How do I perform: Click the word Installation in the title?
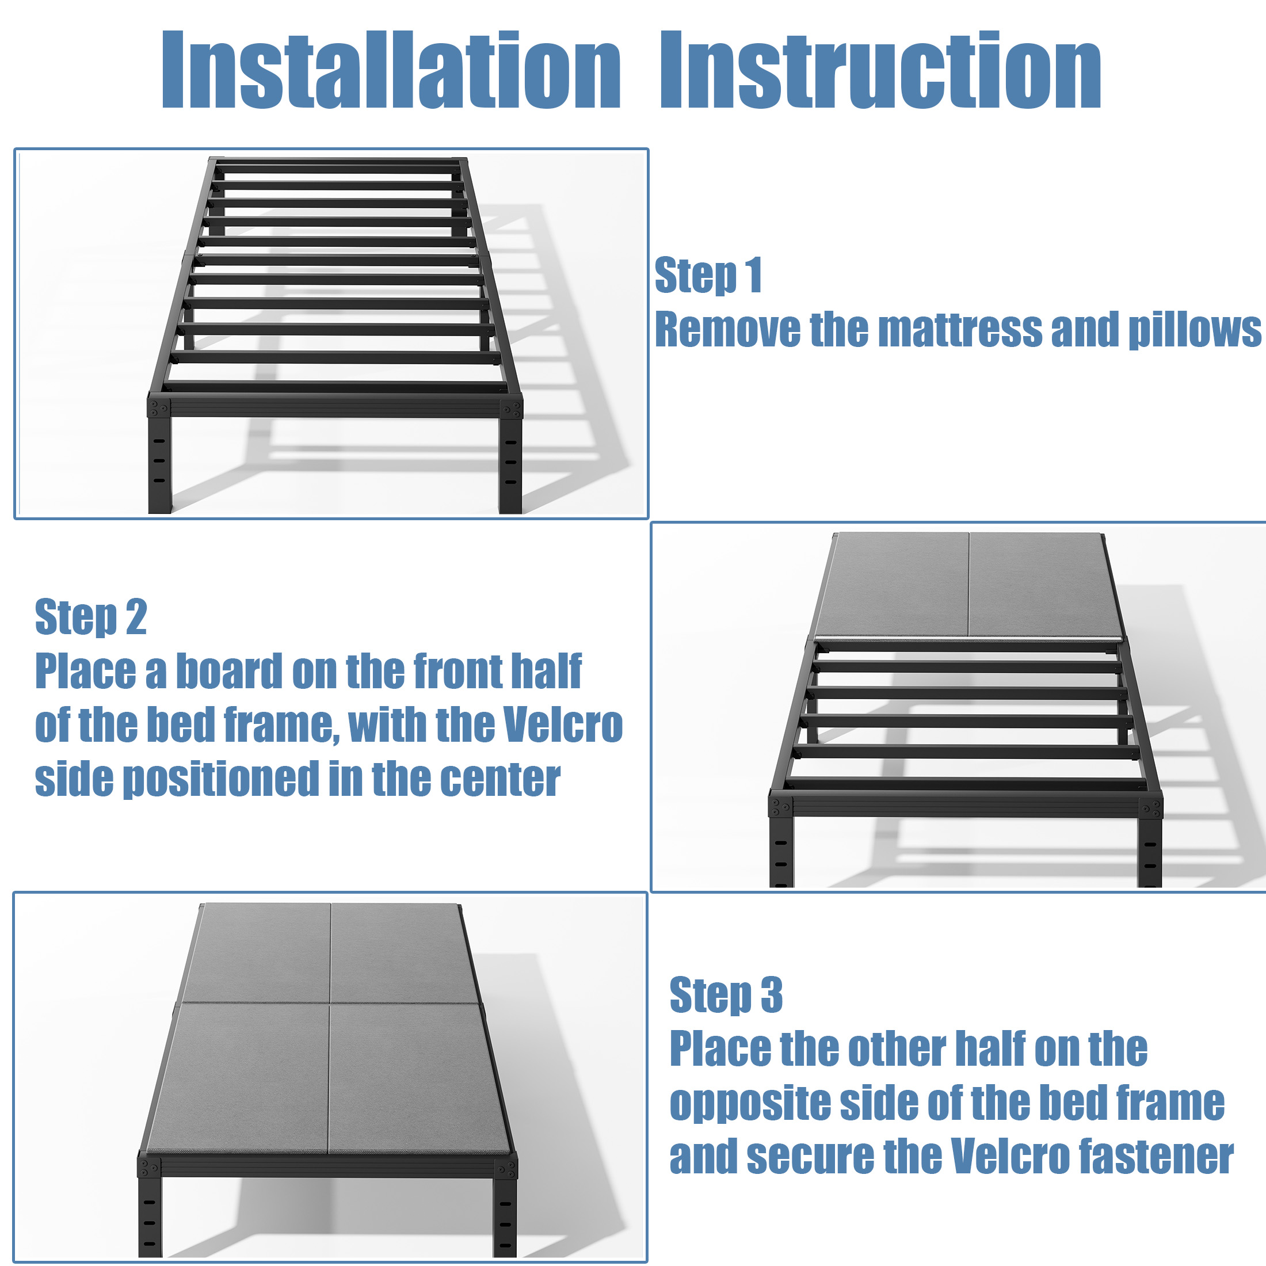391,70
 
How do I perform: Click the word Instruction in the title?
880,70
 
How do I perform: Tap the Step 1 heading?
708,275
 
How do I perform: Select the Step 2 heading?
90,617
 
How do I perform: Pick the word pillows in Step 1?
1195,330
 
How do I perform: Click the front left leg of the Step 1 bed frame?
160,464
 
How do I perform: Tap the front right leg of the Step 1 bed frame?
510,464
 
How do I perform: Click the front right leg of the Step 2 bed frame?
1149,851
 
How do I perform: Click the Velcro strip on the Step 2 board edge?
968,639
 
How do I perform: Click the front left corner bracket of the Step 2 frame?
780,806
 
